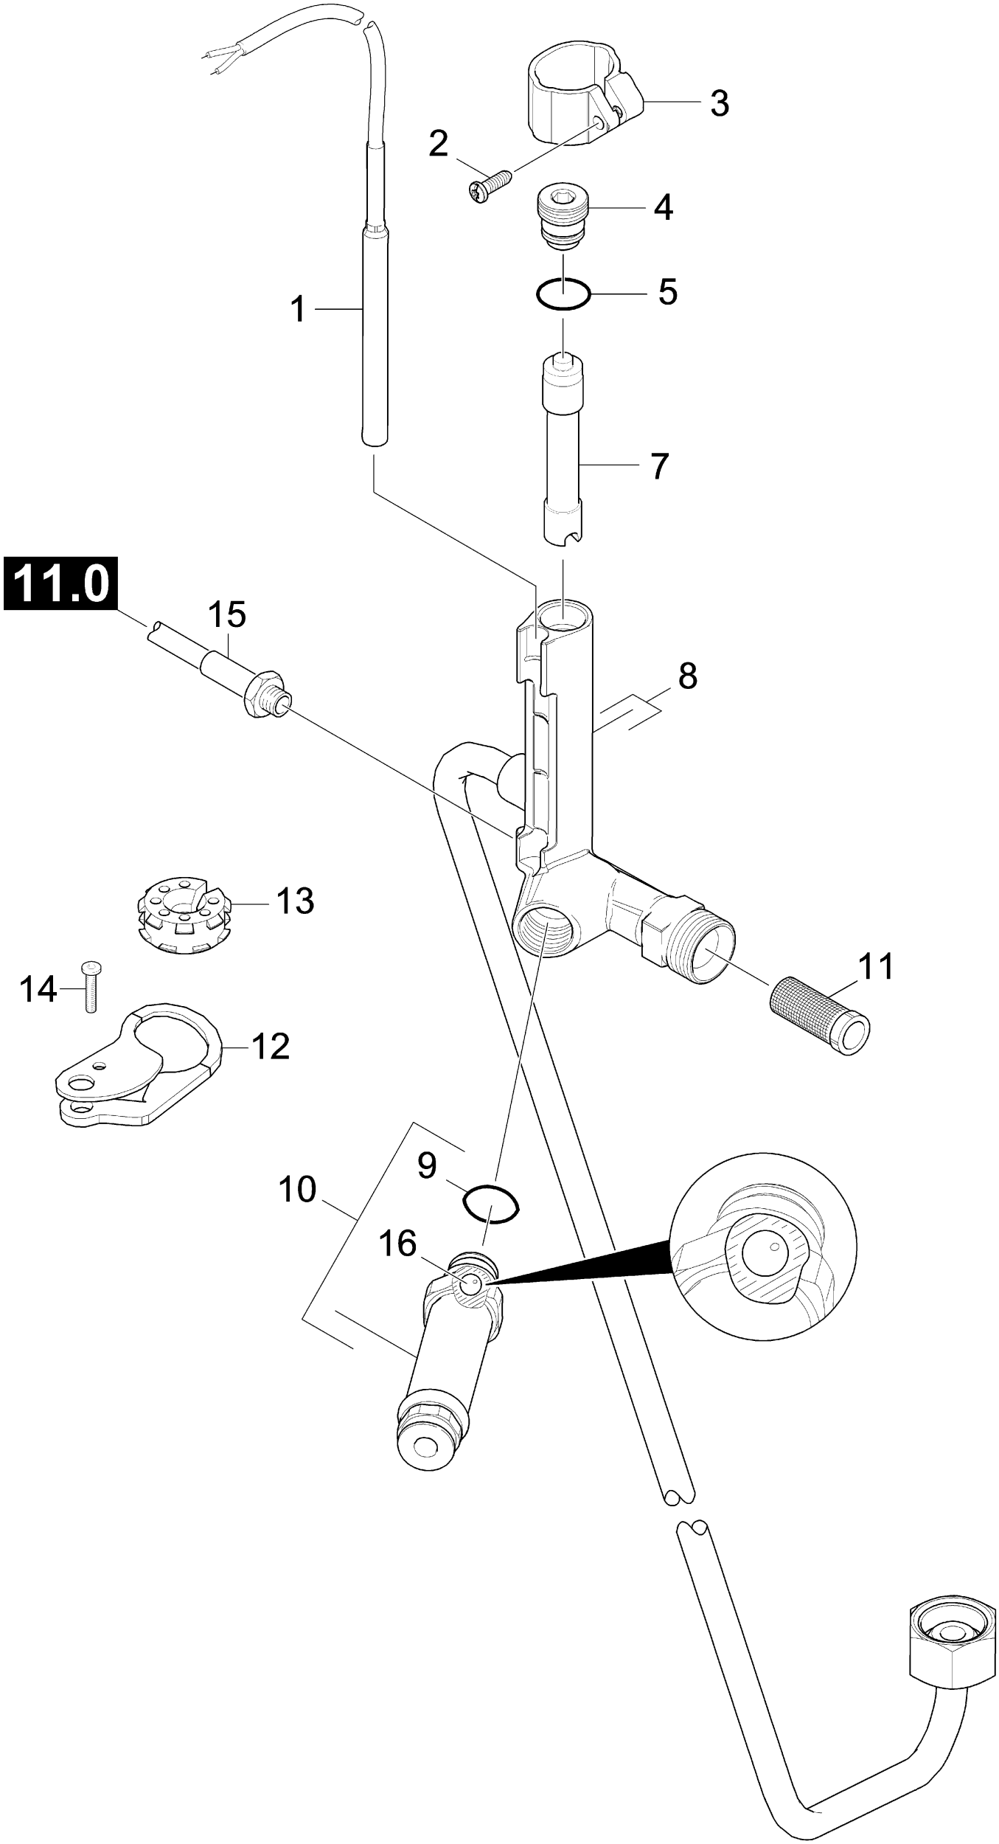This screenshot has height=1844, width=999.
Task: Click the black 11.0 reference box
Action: [x=60, y=583]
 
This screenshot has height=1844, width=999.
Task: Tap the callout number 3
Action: [x=719, y=103]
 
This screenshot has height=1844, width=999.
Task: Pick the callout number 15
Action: [x=227, y=614]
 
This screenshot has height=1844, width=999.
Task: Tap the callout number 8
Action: [x=687, y=676]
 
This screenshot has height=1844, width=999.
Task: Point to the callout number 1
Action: [x=298, y=309]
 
